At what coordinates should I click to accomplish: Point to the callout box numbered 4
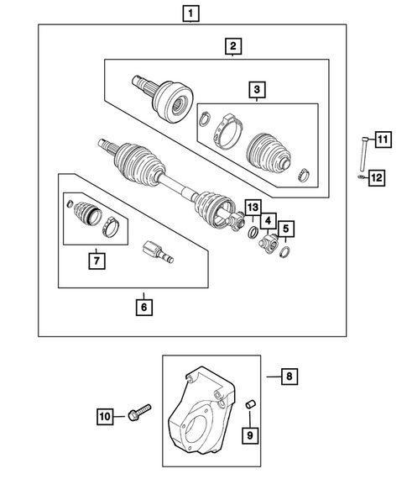point(268,221)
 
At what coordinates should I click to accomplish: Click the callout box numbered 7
point(97,261)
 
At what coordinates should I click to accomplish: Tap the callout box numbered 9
point(249,434)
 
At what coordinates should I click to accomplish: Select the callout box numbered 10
point(107,415)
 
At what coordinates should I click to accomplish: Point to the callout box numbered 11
point(384,140)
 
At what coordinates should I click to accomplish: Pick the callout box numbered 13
point(252,207)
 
